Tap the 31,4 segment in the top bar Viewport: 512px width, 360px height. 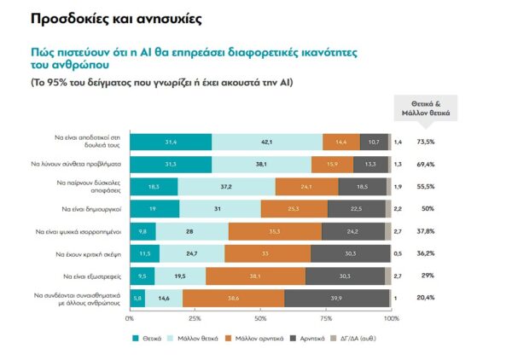(x=171, y=142)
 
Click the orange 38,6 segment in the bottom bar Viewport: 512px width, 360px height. (x=233, y=297)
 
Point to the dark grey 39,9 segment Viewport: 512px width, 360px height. (x=337, y=297)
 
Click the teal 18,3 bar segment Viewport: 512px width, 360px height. (x=154, y=186)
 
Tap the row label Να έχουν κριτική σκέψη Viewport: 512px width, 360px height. (x=90, y=253)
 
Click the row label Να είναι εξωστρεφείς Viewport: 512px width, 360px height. (x=94, y=276)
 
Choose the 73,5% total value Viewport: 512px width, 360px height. (x=426, y=142)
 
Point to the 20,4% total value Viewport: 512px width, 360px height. (x=426, y=297)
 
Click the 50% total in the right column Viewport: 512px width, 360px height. (x=424, y=208)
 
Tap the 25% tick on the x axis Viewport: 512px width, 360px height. (x=195, y=318)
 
